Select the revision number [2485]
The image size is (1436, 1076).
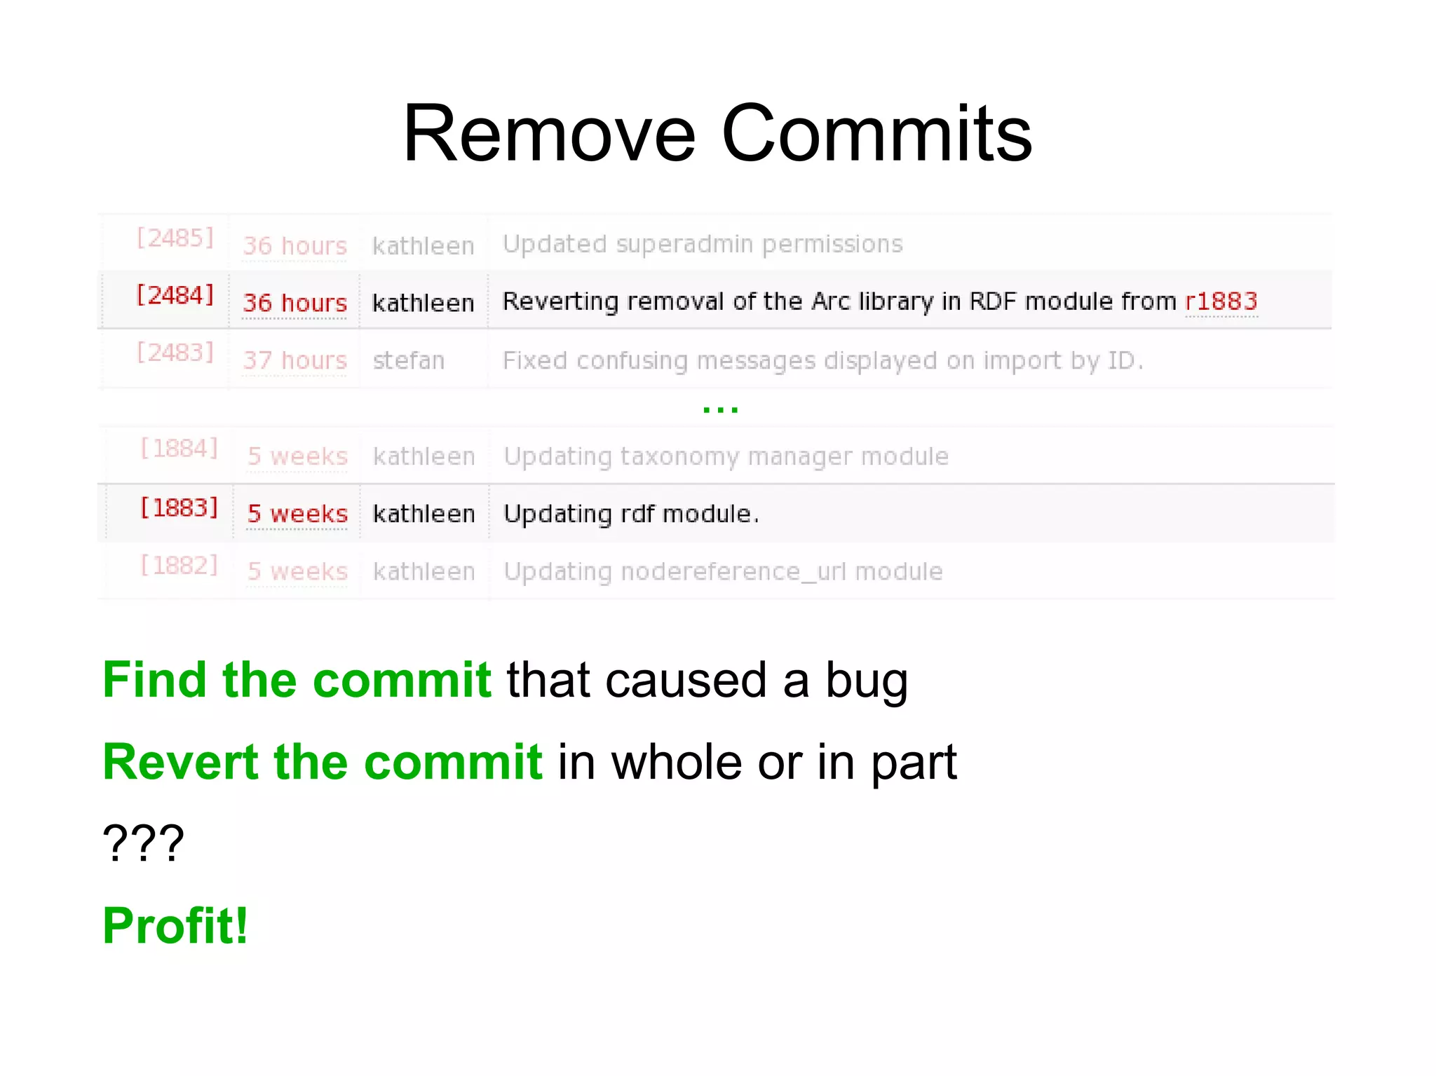[x=175, y=238]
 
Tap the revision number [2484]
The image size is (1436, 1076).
[x=175, y=295]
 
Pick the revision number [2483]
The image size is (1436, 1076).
[x=175, y=353]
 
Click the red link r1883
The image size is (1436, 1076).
[x=1221, y=301]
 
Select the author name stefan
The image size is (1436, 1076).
[x=408, y=360]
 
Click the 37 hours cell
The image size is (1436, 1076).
[x=294, y=360]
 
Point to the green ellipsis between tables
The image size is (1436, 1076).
[x=720, y=409]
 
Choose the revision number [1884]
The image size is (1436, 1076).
[x=179, y=449]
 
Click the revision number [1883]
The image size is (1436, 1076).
[x=179, y=508]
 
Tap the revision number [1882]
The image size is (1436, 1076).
[x=179, y=565]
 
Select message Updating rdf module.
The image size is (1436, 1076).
[x=631, y=514]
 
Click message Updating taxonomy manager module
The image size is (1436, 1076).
[x=726, y=456]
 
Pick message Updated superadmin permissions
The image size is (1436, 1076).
[x=703, y=244]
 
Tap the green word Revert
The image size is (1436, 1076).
[x=180, y=762]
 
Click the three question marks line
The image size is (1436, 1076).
[x=144, y=843]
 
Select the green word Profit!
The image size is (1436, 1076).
[x=175, y=926]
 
